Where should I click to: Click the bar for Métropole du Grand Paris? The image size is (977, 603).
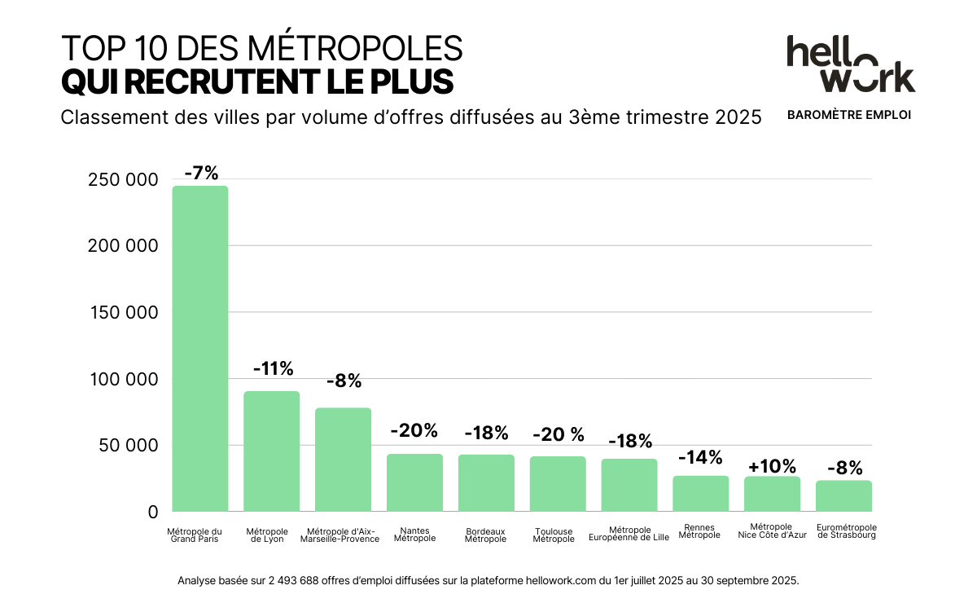coord(200,349)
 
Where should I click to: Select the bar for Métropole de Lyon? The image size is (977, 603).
coord(272,451)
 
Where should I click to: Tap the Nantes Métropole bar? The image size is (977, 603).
coord(414,482)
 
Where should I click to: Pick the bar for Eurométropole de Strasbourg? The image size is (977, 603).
coord(843,496)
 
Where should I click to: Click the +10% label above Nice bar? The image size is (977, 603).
coord(772,466)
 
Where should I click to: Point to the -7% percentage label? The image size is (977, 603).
coord(201,174)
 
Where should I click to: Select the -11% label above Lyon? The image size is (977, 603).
coord(273,369)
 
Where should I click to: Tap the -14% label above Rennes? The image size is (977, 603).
coord(700,457)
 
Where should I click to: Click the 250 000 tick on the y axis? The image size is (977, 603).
coord(122,180)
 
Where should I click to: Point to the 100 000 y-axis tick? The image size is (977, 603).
coord(122,380)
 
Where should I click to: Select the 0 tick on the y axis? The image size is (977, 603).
coord(152,513)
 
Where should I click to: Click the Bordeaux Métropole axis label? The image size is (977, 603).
coord(486,535)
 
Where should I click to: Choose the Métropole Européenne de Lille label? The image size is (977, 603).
coord(629,533)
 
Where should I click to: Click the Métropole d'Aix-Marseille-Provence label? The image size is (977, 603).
coord(340,535)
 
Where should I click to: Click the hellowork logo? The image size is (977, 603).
coord(850,64)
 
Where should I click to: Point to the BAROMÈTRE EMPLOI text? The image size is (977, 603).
coord(849,115)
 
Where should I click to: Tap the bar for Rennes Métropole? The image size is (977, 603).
coord(700,494)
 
